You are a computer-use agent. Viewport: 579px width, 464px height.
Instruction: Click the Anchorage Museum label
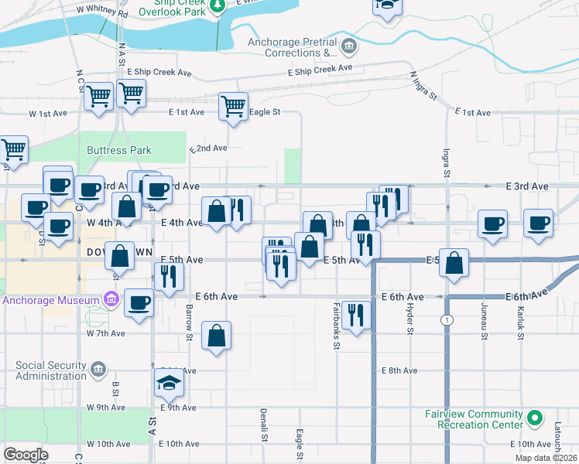coord(50,300)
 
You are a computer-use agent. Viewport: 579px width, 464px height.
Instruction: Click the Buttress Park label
coord(119,150)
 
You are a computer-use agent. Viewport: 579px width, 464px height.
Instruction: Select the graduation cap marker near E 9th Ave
coord(168,382)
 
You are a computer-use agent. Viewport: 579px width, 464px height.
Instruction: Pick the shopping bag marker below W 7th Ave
coord(217,336)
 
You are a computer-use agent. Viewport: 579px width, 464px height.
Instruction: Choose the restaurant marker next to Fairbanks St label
coord(356,315)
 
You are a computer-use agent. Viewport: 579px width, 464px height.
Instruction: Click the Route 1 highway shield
coord(447,320)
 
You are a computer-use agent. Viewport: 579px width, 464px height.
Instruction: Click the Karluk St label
coord(521,322)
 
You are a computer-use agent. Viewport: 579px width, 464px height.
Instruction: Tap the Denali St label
coord(264,425)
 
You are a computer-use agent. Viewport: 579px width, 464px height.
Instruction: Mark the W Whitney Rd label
coord(102,13)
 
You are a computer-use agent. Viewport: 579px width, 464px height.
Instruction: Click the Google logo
coord(26,455)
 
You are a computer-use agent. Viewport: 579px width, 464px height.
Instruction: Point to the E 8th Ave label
coord(399,370)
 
